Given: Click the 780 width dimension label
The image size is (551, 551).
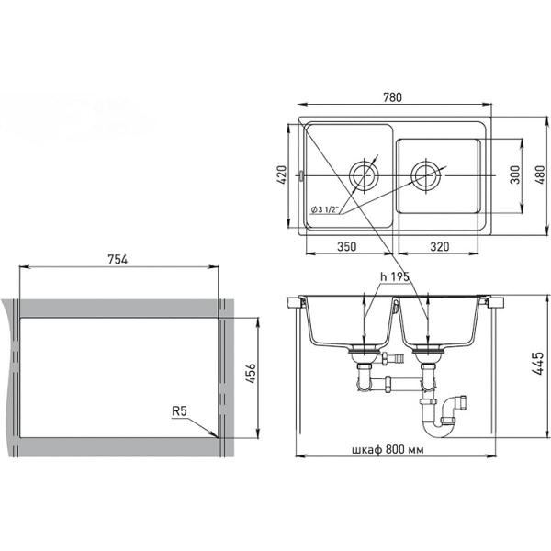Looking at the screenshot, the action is coord(392,97).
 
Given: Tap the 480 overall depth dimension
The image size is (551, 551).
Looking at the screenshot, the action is coord(542,174).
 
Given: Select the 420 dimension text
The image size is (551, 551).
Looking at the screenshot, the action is coord(282,174).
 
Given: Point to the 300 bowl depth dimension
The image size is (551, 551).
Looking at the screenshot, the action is coord(515,174).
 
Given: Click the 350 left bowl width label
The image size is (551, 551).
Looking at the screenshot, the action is coord(347,247).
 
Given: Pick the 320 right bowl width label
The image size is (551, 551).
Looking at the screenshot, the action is coord(440,247).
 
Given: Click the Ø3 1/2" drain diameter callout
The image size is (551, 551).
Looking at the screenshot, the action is coord(325,209).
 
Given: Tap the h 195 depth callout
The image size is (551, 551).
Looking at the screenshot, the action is coord(395,277).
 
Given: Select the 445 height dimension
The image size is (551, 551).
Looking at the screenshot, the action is coord(538,364).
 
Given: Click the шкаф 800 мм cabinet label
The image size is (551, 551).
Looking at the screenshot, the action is coord(388,449).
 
